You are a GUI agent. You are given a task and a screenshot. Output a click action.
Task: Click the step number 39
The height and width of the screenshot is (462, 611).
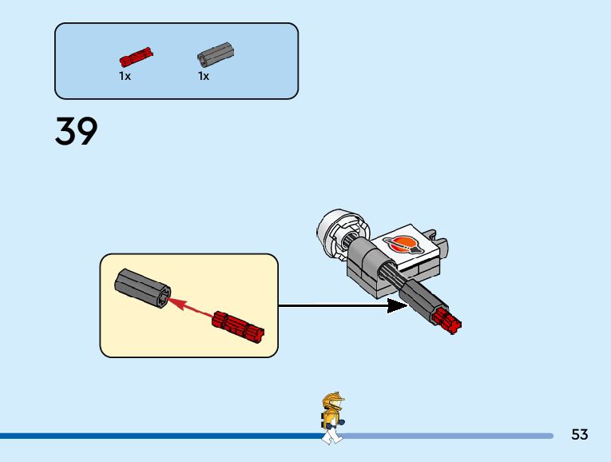tap(77, 131)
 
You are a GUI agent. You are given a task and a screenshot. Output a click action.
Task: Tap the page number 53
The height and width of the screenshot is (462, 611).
tap(580, 435)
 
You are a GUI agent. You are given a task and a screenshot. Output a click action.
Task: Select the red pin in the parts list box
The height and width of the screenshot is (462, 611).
tap(137, 57)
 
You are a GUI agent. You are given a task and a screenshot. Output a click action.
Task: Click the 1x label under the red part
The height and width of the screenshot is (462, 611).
tap(125, 77)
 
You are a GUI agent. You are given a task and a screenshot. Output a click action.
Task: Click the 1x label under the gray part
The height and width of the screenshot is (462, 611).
tap(204, 77)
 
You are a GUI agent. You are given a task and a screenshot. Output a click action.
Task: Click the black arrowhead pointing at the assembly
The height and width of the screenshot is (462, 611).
tap(397, 305)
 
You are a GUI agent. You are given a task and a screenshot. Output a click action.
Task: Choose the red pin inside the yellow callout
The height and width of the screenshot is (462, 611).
tap(239, 324)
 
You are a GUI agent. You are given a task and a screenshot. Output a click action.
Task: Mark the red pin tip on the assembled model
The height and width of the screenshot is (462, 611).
tap(449, 322)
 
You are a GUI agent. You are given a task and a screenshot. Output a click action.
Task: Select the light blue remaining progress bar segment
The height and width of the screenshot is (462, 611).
tap(447, 436)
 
